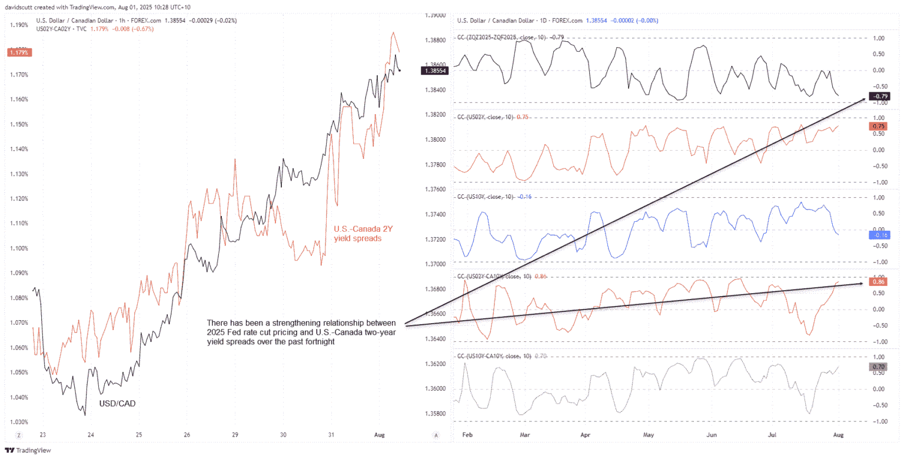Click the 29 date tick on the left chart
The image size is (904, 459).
click(x=234, y=434)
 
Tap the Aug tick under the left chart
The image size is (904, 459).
click(x=380, y=434)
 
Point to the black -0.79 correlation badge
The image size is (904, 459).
click(x=882, y=97)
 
